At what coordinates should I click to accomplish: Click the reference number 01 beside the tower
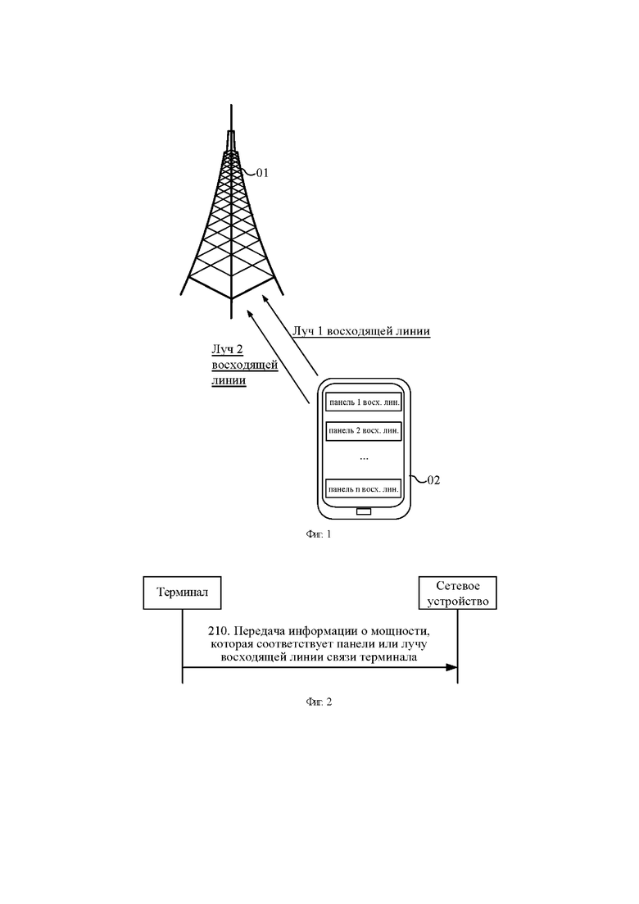(262, 173)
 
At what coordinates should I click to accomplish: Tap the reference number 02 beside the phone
(433, 480)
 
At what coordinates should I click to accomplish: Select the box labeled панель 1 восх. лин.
(364, 402)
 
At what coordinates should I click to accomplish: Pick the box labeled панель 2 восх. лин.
(364, 430)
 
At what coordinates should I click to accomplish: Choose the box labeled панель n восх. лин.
(364, 489)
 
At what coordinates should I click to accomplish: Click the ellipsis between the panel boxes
(364, 459)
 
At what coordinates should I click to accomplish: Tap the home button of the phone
(364, 511)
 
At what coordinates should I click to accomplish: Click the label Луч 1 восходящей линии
(361, 331)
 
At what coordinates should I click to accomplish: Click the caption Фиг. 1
(319, 534)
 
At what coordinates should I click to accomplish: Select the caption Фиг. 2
(319, 702)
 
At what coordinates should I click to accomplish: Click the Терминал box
(182, 593)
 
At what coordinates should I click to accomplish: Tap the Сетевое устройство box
(457, 593)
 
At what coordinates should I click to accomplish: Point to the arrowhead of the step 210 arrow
(451, 668)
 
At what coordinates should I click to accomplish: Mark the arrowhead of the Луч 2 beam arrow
(250, 314)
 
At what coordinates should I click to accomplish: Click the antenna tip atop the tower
(231, 106)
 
